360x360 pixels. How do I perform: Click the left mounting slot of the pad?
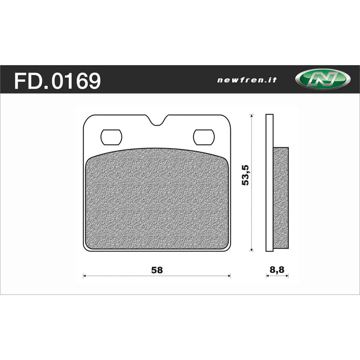coord(111,137)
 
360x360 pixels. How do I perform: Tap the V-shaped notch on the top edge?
coord(157,121)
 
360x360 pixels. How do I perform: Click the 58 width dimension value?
coord(157,270)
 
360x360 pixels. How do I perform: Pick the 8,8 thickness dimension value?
coord(277,270)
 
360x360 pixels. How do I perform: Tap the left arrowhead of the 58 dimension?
coord(85,276)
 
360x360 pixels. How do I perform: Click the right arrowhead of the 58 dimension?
coord(229,276)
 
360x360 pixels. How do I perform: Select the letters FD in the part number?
coord(27,81)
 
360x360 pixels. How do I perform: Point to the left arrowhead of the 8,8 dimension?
coord(267,276)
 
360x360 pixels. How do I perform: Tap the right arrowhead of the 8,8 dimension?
coord(287,276)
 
